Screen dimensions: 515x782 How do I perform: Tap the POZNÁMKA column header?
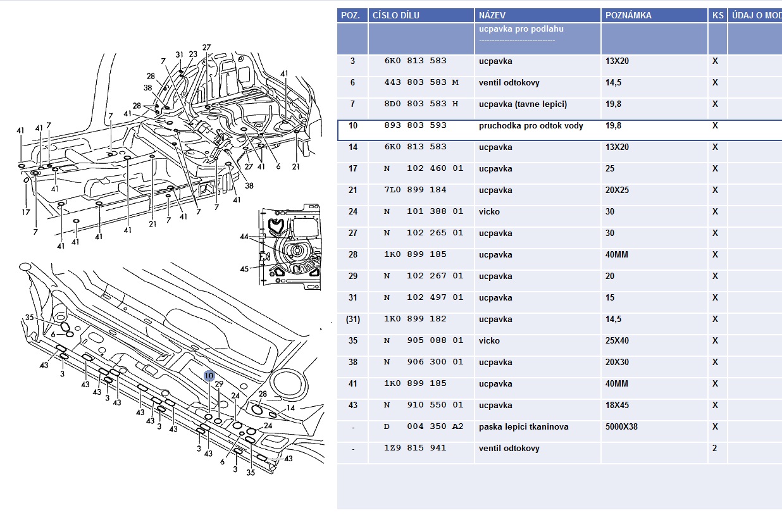(628, 15)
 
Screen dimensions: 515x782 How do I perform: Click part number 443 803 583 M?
(421, 83)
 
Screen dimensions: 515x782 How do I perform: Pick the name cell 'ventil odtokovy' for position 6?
(509, 83)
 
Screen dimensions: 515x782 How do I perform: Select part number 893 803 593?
(415, 126)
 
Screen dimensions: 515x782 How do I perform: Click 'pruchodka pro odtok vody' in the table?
(531, 126)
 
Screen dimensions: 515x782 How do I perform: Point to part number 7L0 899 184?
(415, 190)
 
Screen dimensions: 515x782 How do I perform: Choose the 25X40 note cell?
(619, 341)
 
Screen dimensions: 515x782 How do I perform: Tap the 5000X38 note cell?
(621, 427)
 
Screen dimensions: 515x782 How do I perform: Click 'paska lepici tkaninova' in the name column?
(523, 427)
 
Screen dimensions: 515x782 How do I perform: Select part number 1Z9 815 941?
(415, 449)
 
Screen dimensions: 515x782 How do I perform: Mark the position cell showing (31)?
(352, 320)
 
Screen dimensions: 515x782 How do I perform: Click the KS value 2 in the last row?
(715, 449)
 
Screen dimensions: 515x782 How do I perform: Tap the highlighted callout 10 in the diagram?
(209, 375)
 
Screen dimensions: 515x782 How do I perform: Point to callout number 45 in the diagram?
(244, 269)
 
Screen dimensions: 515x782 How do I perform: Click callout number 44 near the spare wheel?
(244, 235)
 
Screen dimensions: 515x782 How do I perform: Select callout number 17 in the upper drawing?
(26, 213)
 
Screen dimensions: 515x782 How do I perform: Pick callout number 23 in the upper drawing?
(193, 54)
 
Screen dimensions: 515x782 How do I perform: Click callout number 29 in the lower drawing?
(220, 384)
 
